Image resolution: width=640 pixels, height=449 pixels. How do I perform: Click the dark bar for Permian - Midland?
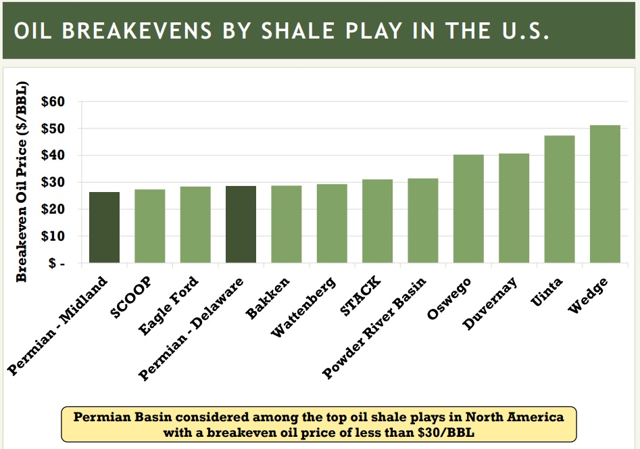(x=105, y=227)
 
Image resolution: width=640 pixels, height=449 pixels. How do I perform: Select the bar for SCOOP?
(x=150, y=226)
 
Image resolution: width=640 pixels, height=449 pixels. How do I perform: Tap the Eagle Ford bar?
(x=195, y=224)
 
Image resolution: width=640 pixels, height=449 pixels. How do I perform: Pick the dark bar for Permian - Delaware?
(x=241, y=224)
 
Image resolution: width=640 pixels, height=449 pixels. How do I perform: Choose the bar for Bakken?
(x=287, y=224)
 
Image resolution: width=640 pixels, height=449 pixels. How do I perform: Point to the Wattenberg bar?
(x=332, y=223)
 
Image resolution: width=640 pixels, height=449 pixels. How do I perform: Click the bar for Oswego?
(x=468, y=208)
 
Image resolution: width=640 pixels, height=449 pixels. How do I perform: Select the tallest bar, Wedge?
(x=605, y=193)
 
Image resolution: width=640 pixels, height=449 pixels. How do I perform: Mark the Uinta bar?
(x=560, y=199)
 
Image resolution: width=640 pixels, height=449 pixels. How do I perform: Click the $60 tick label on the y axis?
(x=53, y=101)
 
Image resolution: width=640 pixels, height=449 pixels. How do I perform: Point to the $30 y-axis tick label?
(x=53, y=182)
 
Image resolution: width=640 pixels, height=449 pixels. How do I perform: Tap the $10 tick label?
(x=53, y=236)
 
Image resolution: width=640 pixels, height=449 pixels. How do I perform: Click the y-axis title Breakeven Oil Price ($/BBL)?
(x=21, y=182)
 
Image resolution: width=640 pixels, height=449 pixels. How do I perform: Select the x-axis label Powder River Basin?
(x=374, y=327)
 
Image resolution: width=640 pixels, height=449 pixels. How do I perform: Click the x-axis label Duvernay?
(x=490, y=303)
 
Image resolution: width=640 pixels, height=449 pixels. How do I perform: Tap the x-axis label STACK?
(x=360, y=296)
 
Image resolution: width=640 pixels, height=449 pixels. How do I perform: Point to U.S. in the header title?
(x=526, y=30)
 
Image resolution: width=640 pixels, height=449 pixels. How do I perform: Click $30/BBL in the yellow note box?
(x=446, y=433)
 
